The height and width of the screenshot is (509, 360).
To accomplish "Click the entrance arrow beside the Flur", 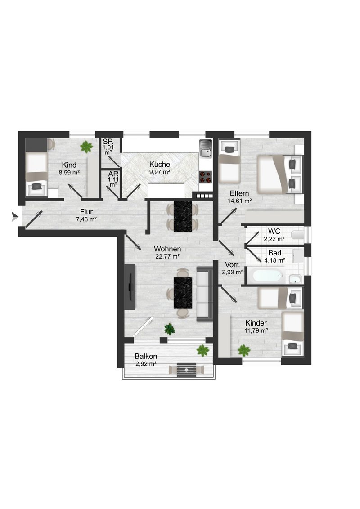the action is point(15,217).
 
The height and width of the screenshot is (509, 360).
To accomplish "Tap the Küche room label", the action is point(160,164).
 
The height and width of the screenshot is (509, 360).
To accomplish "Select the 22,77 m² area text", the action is point(167,256).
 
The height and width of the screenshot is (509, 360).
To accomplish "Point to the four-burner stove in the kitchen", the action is point(205,177).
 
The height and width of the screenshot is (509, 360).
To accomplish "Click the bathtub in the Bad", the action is point(266,275).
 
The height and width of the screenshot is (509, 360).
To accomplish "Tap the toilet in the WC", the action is point(297,234).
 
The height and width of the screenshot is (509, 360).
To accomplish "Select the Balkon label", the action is point(146,356).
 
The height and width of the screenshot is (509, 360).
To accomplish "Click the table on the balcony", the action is point(186,370).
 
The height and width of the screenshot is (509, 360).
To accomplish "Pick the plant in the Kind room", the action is point(86,147).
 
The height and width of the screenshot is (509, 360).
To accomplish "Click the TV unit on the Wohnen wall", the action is point(130,286).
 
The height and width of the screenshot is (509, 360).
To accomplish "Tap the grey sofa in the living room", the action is point(205,294).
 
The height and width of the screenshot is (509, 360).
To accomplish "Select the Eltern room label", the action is point(239,193).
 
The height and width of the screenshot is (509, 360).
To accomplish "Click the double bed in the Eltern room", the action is point(280,174).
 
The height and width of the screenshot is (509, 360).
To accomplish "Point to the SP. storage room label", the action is point(108,142).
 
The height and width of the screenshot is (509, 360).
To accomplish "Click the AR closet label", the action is point(113,174).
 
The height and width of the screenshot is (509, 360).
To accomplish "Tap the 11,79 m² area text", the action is point(256,331).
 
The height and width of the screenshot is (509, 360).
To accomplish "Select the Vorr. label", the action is point(232,265).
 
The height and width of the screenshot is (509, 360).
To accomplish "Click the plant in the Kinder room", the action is point(244,351).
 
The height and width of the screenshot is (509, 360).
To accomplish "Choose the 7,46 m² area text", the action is point(86,219).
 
